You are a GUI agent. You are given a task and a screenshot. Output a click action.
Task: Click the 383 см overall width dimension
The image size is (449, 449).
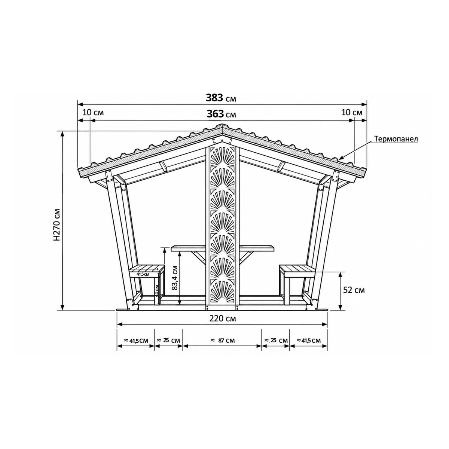(x=221, y=98)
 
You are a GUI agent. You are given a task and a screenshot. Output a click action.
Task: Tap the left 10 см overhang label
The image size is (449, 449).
(x=93, y=113)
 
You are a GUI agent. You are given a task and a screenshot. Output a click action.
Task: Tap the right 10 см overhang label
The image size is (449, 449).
(x=352, y=113)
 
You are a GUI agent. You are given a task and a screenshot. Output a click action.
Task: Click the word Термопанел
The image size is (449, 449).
(x=396, y=139)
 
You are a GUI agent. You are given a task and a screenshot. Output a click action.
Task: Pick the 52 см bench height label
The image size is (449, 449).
(x=354, y=290)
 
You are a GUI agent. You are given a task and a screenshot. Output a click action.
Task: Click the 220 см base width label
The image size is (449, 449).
(x=223, y=318)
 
